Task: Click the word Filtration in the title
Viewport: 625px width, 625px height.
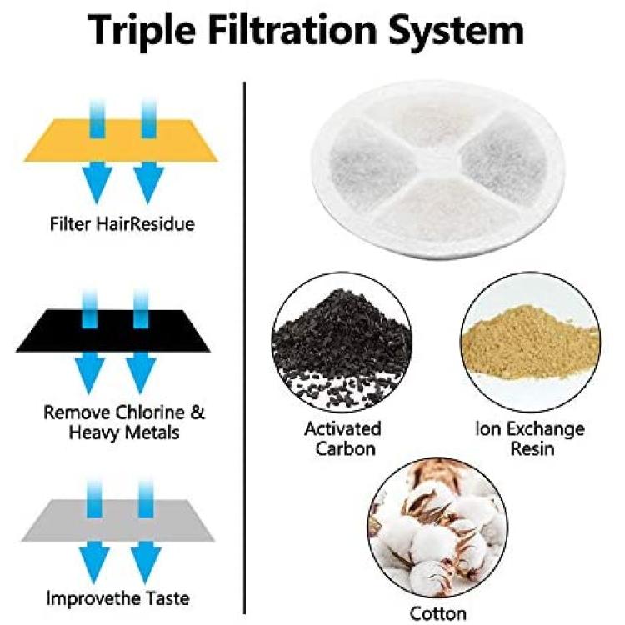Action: (292, 29)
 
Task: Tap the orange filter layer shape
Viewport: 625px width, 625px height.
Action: (121, 140)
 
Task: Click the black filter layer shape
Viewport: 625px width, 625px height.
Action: (112, 331)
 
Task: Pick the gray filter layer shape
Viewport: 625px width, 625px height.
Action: (117, 520)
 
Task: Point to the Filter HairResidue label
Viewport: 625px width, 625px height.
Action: (122, 223)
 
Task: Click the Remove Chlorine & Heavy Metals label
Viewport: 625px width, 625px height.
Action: (124, 422)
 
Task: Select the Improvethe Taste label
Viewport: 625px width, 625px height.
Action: (117, 598)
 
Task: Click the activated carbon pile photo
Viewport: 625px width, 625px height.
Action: (342, 342)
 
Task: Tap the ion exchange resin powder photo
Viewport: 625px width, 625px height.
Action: (530, 342)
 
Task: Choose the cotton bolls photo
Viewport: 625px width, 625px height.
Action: (437, 527)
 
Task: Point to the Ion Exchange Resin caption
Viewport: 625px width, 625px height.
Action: (531, 438)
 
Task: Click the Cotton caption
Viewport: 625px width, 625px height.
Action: (438, 613)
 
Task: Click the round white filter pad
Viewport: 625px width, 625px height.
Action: (437, 169)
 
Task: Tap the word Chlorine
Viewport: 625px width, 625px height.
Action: (150, 412)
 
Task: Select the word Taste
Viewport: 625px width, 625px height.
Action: (167, 598)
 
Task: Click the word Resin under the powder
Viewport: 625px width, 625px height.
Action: (532, 448)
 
